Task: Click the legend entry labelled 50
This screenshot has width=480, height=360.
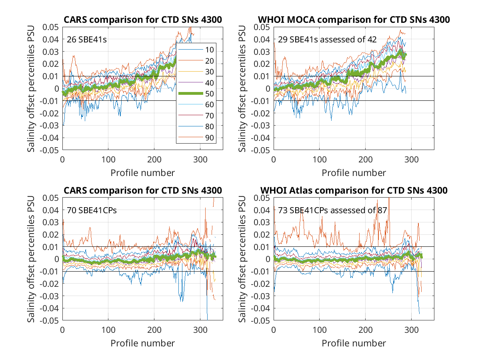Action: [x=196, y=94]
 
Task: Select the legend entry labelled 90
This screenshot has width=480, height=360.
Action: [x=196, y=138]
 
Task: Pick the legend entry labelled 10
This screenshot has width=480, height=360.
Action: [x=196, y=50]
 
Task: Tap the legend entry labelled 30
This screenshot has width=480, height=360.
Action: [x=196, y=72]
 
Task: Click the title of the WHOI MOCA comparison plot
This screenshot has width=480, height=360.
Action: [x=354, y=20]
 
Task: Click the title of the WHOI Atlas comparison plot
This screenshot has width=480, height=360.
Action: [x=354, y=190]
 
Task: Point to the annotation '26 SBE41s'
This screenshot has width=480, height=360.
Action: [x=86, y=40]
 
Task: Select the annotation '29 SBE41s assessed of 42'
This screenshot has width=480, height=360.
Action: [x=327, y=40]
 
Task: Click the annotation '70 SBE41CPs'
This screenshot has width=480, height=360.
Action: [x=92, y=210]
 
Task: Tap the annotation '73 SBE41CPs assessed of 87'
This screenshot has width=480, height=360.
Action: [x=332, y=210]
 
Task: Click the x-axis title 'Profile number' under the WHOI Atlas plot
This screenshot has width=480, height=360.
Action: [x=354, y=343]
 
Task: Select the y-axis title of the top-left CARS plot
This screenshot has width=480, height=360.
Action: [x=31, y=88]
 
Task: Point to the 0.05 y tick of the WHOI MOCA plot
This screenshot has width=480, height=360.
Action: [x=262, y=27]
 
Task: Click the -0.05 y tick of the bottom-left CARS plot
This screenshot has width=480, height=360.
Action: [x=49, y=321]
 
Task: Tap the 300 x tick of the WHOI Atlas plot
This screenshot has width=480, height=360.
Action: [x=411, y=330]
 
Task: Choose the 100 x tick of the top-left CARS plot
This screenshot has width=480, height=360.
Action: [x=108, y=159]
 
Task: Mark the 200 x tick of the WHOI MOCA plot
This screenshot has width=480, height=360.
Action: [x=365, y=159]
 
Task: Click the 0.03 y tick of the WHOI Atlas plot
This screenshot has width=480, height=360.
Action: [x=262, y=222]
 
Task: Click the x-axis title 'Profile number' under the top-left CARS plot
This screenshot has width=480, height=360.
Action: [x=142, y=173]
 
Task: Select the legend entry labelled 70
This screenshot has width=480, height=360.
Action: [x=196, y=116]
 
